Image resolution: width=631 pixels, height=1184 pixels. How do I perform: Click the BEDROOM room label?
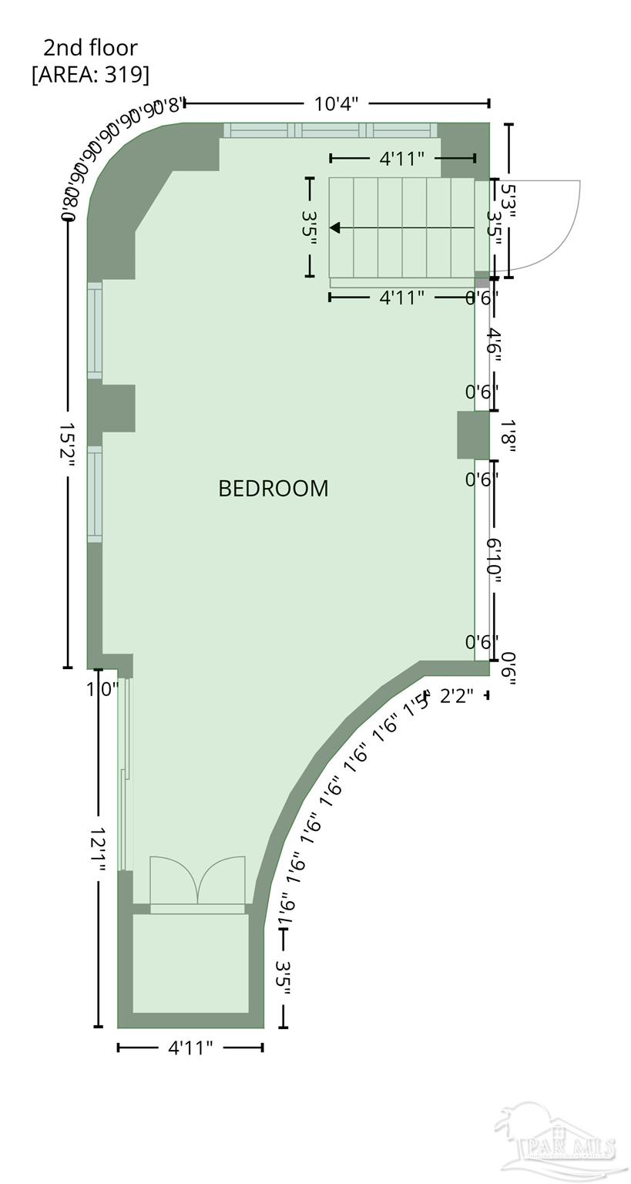pyautogui.click(x=273, y=488)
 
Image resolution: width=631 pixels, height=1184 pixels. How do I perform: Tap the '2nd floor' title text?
pyautogui.click(x=90, y=48)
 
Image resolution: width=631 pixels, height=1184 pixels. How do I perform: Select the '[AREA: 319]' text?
pyautogui.click(x=90, y=74)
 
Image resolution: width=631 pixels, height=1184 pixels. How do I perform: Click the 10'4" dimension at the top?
pyautogui.click(x=336, y=103)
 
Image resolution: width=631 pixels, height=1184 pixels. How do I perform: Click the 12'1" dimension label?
pyautogui.click(x=98, y=851)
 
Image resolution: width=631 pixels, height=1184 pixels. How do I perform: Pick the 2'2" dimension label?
pyautogui.click(x=456, y=696)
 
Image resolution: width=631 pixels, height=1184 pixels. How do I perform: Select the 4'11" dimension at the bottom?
pyautogui.click(x=190, y=1048)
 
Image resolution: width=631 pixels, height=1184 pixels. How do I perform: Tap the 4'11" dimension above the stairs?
pyautogui.click(x=401, y=159)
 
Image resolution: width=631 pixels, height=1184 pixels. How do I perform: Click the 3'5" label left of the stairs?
pyautogui.click(x=310, y=227)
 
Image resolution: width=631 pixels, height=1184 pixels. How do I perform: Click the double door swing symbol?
pyautogui.click(x=197, y=880)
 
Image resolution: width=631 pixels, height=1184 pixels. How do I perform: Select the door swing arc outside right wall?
pyautogui.click(x=547, y=227)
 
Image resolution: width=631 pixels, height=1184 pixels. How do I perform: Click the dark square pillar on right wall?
pyautogui.click(x=473, y=436)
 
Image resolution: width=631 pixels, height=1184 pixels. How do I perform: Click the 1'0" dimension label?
pyautogui.click(x=102, y=688)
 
